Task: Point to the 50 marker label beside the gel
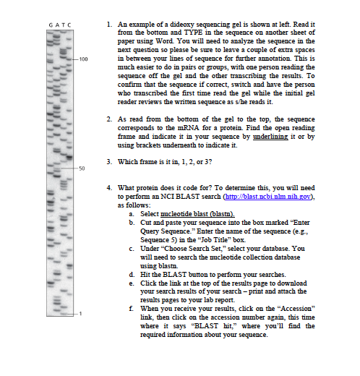point(82,168)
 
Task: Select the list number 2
point(108,118)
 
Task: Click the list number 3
point(108,161)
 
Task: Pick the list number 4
point(108,188)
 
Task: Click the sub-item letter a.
point(130,215)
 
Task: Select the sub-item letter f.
point(130,309)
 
